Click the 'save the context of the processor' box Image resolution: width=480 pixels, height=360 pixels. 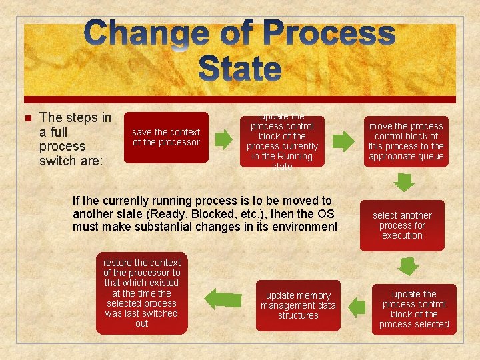tap(166, 137)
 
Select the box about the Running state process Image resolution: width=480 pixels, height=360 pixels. tap(282, 141)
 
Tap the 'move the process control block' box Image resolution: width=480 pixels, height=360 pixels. tap(405, 141)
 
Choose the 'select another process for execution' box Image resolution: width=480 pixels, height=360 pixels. tap(402, 225)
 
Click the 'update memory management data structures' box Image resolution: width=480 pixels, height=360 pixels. tap(298, 305)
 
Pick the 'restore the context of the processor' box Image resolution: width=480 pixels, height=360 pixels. tap(141, 293)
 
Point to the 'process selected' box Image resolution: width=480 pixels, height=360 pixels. tap(414, 309)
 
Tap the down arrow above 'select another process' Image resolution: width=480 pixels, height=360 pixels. tap(403, 182)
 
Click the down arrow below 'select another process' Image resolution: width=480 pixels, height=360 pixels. tap(408, 266)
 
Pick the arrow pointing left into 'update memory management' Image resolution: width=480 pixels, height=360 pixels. tap(357, 306)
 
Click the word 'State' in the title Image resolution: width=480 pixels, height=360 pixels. tap(240, 69)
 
